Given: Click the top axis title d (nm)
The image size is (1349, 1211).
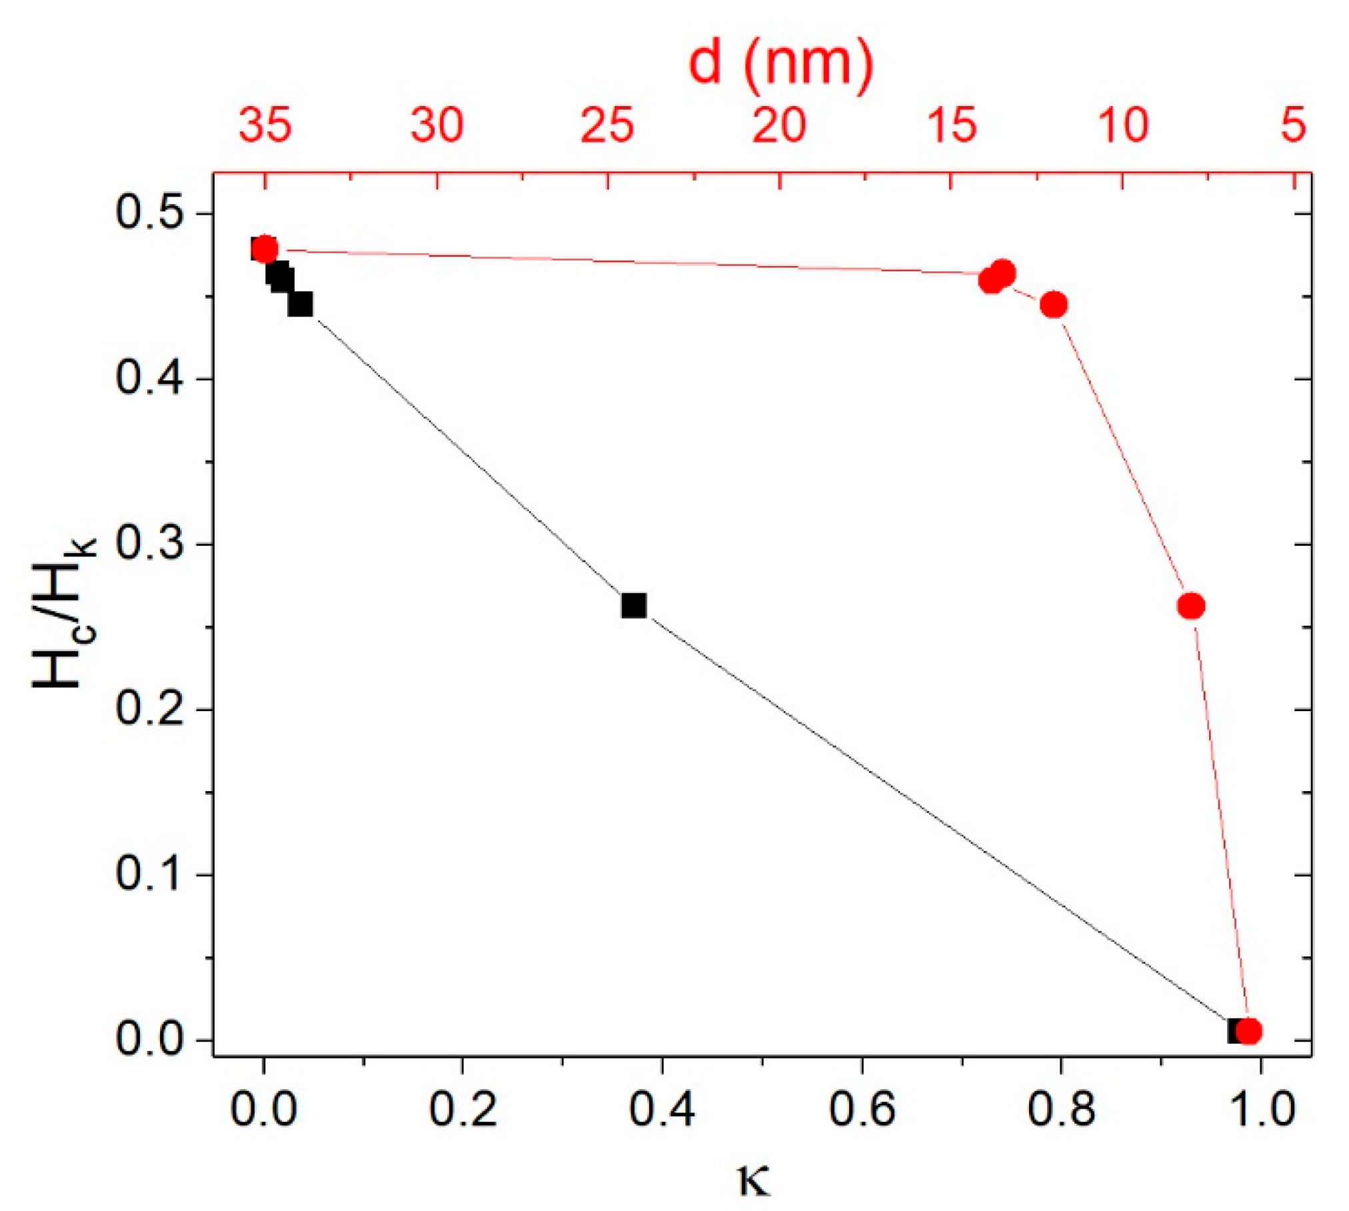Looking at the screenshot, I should pos(780,63).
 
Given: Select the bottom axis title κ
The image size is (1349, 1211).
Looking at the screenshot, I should pos(754,1178).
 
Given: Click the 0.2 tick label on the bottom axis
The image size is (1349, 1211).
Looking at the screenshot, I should pos(462,1109).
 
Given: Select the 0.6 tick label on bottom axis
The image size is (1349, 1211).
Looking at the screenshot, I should pos(861,1109).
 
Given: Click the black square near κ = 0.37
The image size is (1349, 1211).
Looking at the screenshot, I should pos(634,605).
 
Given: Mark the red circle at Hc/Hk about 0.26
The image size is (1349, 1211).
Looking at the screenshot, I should pos(1191,606).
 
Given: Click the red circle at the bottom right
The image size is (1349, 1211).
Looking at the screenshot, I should pos(1248,1031).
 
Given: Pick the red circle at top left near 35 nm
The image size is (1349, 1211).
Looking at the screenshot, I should pos(265,249).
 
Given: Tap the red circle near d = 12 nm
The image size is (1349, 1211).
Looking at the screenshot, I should pos(1054,305).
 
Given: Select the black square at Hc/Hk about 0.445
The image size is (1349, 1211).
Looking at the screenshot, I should pos(300,304).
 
